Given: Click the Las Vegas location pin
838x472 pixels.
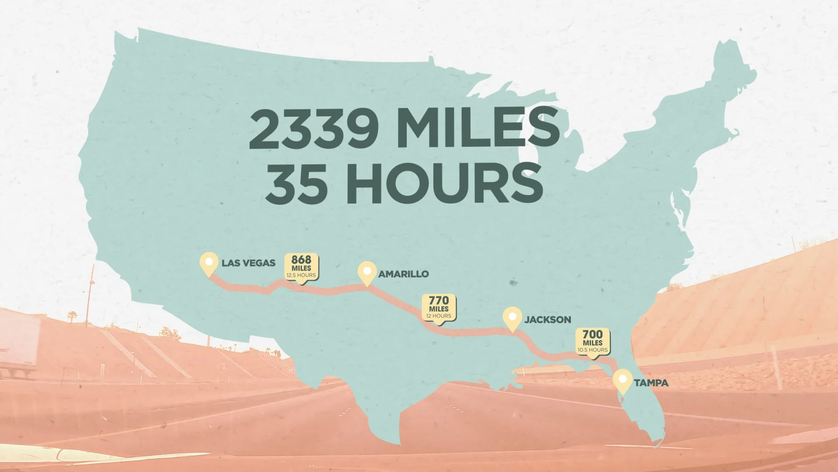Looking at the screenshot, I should (x=209, y=263).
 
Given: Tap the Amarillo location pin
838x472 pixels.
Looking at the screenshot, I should (x=367, y=272).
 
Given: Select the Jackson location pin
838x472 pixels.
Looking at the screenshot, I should (x=512, y=317).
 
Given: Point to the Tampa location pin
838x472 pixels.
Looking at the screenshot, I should (x=622, y=380).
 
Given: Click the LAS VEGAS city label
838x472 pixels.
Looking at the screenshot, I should (x=248, y=263).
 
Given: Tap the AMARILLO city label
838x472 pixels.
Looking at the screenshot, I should (x=403, y=274).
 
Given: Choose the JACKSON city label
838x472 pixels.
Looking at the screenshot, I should (x=547, y=319).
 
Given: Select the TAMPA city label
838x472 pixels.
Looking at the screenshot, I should (x=651, y=383).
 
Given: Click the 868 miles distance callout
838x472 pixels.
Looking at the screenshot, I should (x=301, y=267).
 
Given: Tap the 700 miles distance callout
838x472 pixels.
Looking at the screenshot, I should (x=592, y=341).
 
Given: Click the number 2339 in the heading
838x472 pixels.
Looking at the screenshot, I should (x=314, y=129).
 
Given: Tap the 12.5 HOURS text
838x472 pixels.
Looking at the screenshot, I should (x=301, y=275).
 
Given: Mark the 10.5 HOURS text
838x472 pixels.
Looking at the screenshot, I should (x=592, y=350).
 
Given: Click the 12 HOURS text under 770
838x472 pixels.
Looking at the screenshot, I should (x=439, y=316).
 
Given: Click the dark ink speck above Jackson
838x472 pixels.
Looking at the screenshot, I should (x=513, y=283).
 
